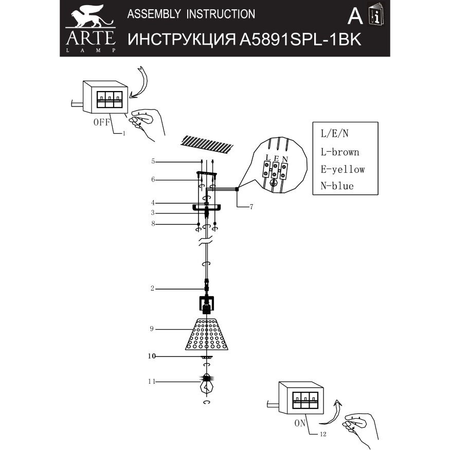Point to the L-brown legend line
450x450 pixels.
(339, 152)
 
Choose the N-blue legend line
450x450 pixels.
(337, 186)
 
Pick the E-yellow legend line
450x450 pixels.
(342, 169)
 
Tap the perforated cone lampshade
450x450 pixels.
(206, 334)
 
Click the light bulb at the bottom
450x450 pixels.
(206, 385)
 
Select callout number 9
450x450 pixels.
(152, 329)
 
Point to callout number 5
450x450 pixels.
(153, 161)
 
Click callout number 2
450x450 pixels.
(152, 289)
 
